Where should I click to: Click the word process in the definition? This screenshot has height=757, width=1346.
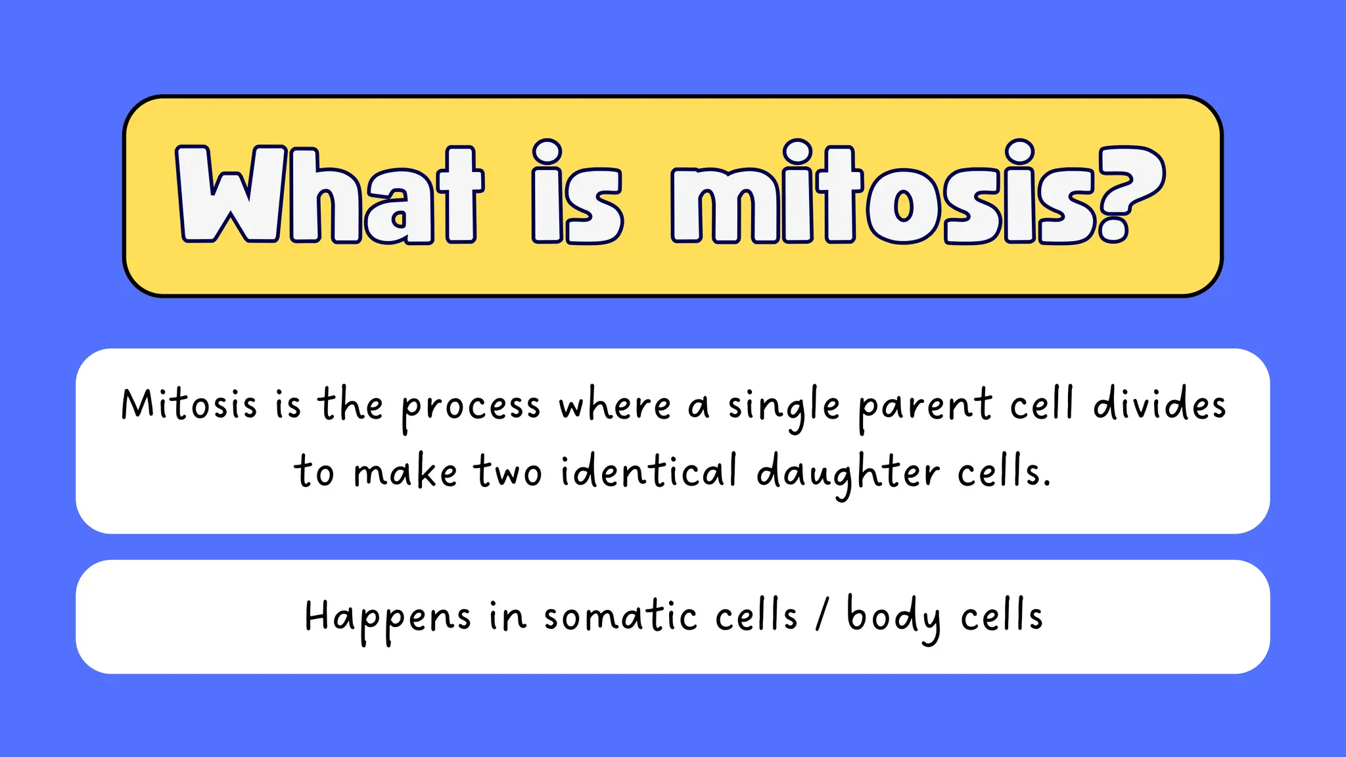click(x=471, y=407)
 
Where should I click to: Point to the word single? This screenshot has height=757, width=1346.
click(x=783, y=407)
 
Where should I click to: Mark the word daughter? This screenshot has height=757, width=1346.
click(x=848, y=473)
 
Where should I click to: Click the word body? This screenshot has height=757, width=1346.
click(x=894, y=618)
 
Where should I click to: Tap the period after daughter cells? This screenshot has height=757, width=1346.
click(x=1046, y=484)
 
